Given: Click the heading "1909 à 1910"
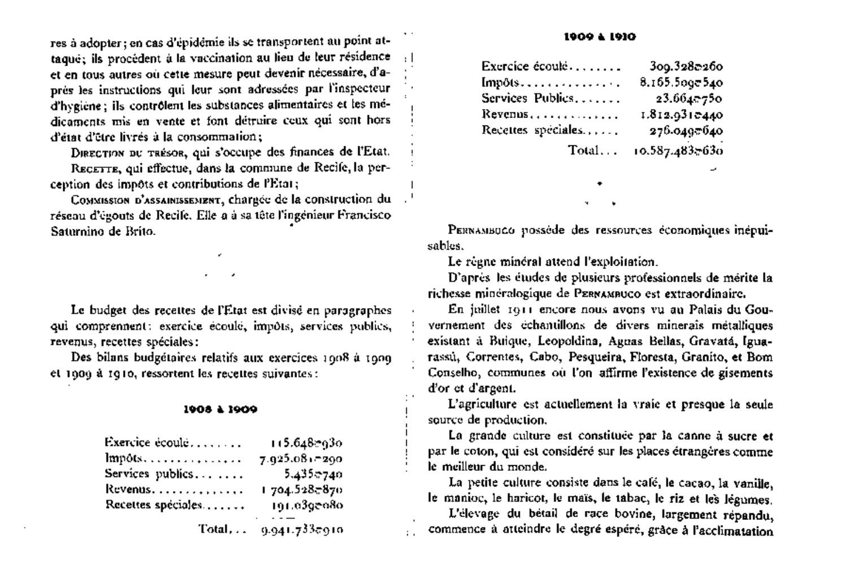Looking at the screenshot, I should click(x=599, y=37).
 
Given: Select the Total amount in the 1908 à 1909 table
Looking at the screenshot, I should click(x=302, y=530).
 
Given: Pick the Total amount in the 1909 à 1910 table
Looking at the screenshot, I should click(x=678, y=151).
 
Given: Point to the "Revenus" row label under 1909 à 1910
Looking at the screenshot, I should click(x=504, y=114).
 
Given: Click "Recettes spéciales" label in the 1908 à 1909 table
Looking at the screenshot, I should click(x=154, y=505).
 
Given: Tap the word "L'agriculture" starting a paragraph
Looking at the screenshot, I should click(x=475, y=405).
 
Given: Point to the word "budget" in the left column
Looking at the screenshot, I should click(x=110, y=310).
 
